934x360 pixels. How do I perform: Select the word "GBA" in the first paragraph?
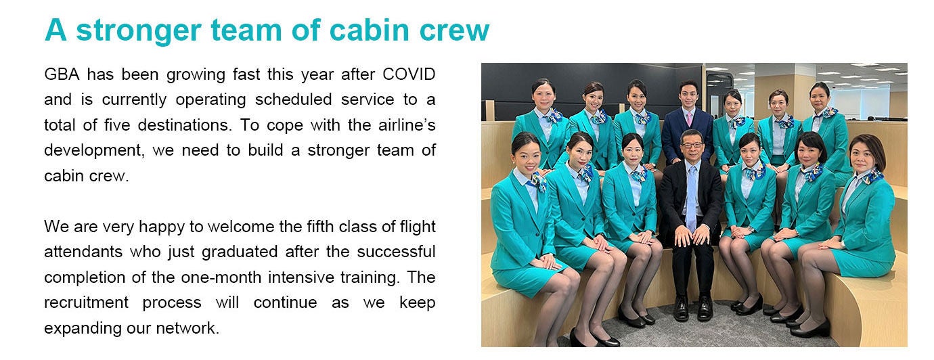(x=62, y=74)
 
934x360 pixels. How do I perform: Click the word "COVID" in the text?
(x=409, y=74)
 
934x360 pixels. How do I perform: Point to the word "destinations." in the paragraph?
(x=185, y=125)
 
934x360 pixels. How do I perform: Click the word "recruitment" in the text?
(x=87, y=302)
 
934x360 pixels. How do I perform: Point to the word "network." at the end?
(x=187, y=328)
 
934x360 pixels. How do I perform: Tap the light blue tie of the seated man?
(x=692, y=196)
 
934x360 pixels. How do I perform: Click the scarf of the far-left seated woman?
(x=537, y=182)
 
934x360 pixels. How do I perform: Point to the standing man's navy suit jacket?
(x=687, y=134)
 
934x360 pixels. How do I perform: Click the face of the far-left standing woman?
(x=543, y=94)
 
